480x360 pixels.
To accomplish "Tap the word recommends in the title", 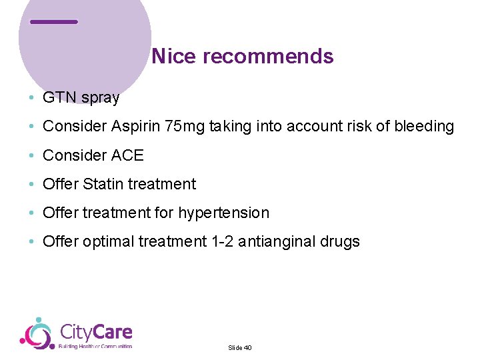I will click(x=268, y=57).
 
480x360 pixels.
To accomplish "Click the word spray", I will click(x=100, y=99).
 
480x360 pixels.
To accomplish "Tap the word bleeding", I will click(x=424, y=127).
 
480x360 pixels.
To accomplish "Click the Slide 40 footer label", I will click(x=239, y=347).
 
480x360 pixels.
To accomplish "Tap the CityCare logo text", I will click(x=96, y=332).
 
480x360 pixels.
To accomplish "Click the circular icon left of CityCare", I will click(x=37, y=333).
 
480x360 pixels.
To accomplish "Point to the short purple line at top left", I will click(x=54, y=22).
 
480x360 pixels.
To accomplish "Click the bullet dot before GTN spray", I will click(x=32, y=99).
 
